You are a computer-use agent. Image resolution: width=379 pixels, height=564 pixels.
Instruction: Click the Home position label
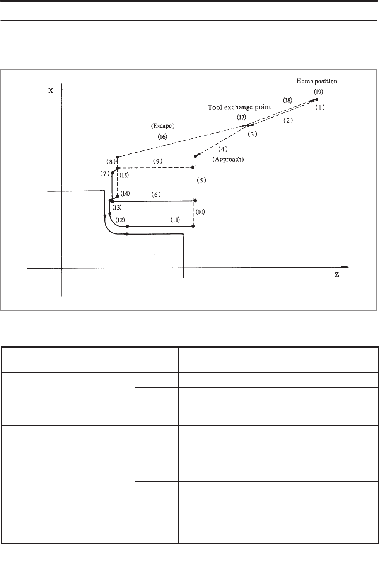(x=317, y=81)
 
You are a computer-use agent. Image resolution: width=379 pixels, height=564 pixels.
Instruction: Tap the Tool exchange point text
(x=239, y=107)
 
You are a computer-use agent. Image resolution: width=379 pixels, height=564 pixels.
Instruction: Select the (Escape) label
(x=163, y=126)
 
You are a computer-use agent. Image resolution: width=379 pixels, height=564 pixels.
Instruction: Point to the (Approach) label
(x=228, y=159)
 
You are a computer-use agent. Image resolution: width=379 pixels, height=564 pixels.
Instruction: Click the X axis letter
(x=51, y=91)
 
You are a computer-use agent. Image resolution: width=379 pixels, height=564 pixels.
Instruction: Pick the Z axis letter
(x=337, y=275)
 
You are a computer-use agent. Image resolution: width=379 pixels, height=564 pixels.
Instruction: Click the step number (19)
(x=319, y=92)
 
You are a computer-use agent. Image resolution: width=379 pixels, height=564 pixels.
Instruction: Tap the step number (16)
(x=162, y=137)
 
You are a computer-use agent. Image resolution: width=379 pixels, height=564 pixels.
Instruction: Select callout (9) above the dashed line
(x=158, y=162)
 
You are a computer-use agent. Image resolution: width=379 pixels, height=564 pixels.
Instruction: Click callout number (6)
(x=156, y=194)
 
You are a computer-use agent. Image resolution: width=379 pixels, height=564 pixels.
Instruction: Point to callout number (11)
(x=175, y=220)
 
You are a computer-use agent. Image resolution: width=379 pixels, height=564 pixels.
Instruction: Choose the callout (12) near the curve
(x=120, y=220)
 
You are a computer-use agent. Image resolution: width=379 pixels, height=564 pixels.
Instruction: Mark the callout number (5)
(x=201, y=180)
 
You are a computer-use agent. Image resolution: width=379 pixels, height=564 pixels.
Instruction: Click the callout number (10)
(x=200, y=212)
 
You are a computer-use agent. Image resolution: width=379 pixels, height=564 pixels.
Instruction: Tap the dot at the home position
(x=317, y=100)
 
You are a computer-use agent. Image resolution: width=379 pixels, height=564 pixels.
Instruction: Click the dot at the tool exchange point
(x=248, y=125)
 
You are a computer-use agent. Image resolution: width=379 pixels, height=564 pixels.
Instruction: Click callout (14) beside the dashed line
(x=125, y=193)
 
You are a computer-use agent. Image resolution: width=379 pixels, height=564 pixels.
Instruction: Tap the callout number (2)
(x=288, y=121)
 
